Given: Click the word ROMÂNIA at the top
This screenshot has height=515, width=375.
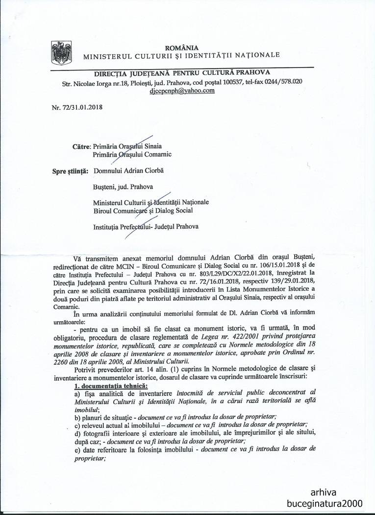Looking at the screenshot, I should (x=181, y=47).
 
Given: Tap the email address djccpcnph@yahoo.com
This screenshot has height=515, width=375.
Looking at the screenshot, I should (x=182, y=91).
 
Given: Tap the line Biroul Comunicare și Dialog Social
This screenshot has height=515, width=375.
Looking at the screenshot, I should (x=143, y=211).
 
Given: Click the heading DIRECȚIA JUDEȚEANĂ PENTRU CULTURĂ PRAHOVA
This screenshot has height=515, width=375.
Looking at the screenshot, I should (x=182, y=73).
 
